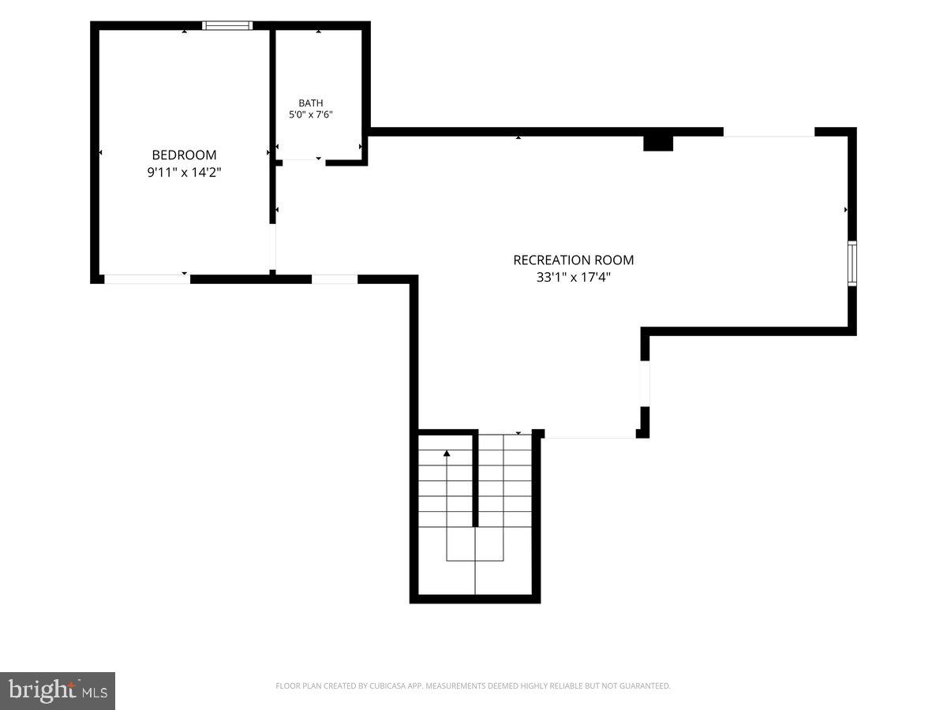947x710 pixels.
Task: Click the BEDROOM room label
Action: (184, 155)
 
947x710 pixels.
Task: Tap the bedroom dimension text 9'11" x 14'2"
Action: (184, 173)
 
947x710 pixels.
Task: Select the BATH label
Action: (311, 103)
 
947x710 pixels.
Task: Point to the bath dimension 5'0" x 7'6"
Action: (311, 114)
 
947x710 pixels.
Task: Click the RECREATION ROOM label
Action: (574, 260)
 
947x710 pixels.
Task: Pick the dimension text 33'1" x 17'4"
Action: (574, 277)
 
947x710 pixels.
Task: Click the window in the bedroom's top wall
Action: (227, 25)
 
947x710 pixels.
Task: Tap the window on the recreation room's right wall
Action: (852, 263)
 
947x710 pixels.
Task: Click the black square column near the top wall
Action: (658, 144)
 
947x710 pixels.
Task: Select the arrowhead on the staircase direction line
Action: (447, 454)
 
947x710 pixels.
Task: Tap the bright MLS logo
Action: (58, 690)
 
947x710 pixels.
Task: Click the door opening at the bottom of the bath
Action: (304, 163)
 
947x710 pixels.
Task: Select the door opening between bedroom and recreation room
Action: (273, 247)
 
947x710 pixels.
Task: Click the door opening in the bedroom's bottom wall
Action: (147, 279)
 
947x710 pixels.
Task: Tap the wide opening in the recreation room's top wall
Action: (769, 132)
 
